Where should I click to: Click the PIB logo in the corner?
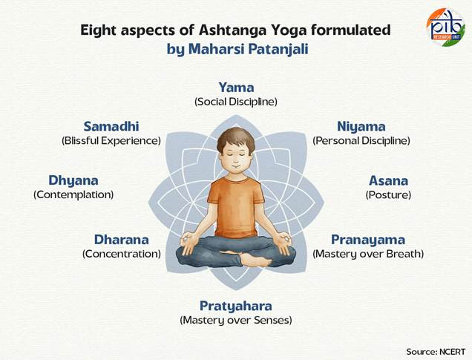click(x=445, y=27)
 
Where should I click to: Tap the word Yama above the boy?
click(x=236, y=88)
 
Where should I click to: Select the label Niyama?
click(x=361, y=127)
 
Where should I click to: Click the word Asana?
click(x=389, y=180)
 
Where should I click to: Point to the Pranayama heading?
click(x=368, y=240)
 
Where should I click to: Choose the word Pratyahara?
click(x=236, y=306)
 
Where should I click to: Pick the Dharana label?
click(x=122, y=240)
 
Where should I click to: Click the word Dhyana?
click(x=73, y=180)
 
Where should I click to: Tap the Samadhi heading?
click(x=111, y=126)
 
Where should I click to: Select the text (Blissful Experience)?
click(x=111, y=140)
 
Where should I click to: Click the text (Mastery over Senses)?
click(x=236, y=320)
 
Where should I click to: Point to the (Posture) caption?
click(x=388, y=194)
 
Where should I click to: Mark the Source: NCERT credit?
click(x=436, y=352)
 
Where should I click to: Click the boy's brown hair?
click(x=236, y=139)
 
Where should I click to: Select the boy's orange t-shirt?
click(x=236, y=207)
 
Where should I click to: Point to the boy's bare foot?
click(x=256, y=260)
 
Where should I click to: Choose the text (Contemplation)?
click(x=73, y=194)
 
